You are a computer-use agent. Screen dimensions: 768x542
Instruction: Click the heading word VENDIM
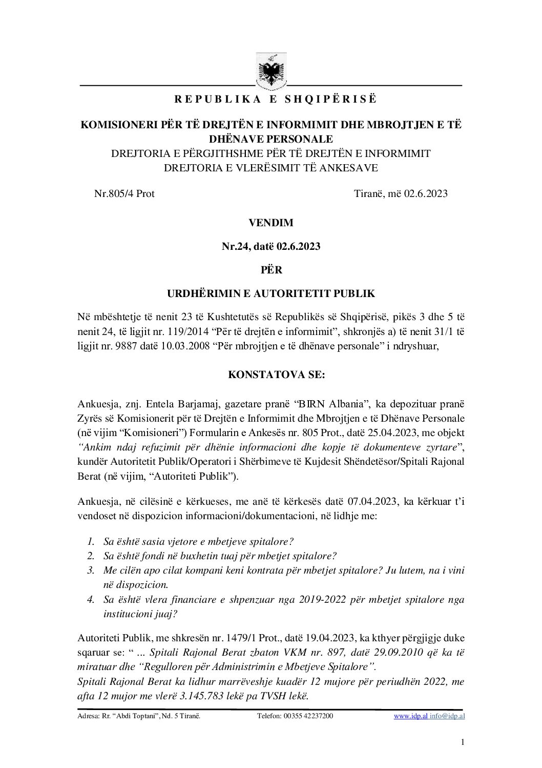[270, 223]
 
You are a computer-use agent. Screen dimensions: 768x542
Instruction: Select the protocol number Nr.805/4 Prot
[124, 193]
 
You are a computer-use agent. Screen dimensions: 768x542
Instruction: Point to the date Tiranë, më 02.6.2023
[401, 193]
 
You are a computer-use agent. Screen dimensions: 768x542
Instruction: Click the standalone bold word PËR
[271, 269]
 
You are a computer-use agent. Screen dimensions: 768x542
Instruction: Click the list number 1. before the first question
[90, 541]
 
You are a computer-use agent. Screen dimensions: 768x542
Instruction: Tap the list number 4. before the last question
[90, 599]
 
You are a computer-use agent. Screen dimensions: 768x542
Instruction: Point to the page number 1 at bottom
[463, 742]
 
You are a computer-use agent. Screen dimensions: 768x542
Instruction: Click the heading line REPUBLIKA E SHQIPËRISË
[271, 100]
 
